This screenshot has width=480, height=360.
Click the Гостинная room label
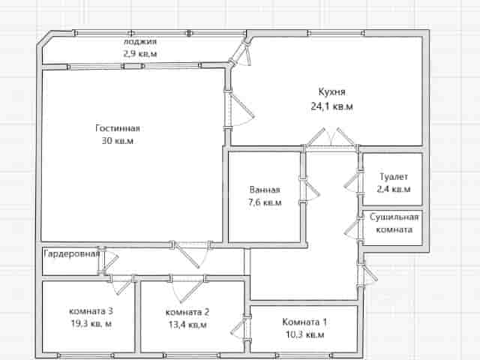point(118,128)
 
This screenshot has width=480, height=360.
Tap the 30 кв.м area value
point(118,141)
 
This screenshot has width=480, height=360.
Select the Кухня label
point(331,91)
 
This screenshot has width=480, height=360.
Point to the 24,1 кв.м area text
point(331,106)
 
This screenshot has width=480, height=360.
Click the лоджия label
point(140,42)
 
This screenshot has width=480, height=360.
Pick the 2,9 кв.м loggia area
point(140,54)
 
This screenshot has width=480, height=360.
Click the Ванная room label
point(265,190)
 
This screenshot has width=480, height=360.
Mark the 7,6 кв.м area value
point(265,202)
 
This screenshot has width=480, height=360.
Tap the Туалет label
point(394,177)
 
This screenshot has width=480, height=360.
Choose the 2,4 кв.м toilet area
point(394,189)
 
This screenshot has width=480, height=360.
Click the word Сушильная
point(394,217)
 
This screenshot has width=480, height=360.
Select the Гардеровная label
point(72,253)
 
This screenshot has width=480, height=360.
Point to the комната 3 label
point(91,311)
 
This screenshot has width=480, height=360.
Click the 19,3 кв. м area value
point(91,323)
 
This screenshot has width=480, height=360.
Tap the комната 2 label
point(187,312)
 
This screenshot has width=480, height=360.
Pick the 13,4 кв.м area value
point(187,325)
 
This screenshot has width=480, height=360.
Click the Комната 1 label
point(304,322)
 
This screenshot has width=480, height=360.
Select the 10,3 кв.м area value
point(305,334)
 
